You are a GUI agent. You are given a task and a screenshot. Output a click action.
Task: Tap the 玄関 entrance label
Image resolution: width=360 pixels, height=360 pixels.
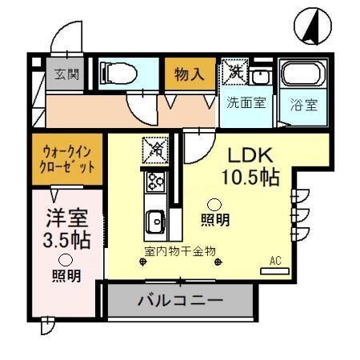[66, 74]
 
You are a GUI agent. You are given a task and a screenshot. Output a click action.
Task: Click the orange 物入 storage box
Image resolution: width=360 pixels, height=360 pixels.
[190, 75]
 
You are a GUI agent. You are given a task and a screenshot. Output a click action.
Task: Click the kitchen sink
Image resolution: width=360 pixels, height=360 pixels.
[154, 218]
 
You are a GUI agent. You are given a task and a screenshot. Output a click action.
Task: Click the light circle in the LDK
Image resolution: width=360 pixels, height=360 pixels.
[214, 203]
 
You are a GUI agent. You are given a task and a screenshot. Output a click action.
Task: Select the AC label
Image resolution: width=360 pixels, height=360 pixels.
[275, 261]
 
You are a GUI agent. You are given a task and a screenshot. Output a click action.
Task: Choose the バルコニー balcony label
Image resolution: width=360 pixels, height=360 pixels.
[180, 302]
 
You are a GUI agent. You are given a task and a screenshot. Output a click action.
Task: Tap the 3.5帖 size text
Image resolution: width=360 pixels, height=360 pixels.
[66, 238]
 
